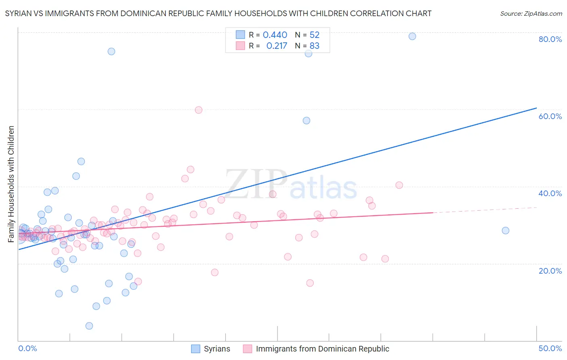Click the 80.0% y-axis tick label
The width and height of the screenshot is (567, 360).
tap(550, 39)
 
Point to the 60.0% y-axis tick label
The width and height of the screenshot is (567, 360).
tap(550, 116)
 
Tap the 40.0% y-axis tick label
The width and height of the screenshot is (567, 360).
tap(550, 193)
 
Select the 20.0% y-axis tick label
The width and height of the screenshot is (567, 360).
tap(550, 271)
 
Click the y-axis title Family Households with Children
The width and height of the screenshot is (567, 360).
tap(11, 184)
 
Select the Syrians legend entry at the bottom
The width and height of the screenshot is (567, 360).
tap(211, 349)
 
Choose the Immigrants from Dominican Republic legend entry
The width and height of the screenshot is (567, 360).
tap(316, 349)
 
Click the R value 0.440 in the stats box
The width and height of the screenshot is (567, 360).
tap(275, 35)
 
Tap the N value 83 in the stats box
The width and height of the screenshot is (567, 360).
tap(315, 46)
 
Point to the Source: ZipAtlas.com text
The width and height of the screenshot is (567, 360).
tap(531, 14)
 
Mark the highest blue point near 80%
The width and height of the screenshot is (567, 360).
tap(412, 36)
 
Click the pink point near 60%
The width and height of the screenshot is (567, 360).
tap(198, 110)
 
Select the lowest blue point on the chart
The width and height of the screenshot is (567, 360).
tap(89, 326)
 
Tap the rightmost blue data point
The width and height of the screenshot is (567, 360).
tap(505, 230)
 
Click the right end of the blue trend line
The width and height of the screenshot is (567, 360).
tap(536, 108)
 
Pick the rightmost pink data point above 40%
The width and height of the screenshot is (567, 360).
tap(399, 185)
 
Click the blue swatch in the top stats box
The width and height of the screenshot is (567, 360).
tap(240, 35)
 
